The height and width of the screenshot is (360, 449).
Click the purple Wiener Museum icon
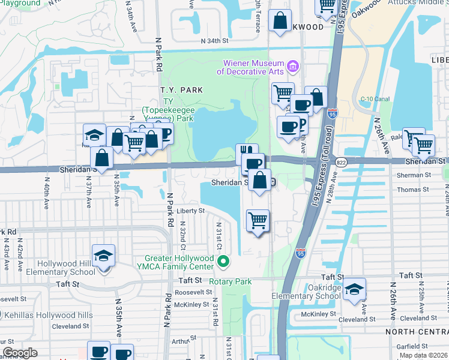[293, 65]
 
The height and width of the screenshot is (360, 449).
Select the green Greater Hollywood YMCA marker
[223, 261]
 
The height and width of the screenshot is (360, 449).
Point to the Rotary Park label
[230, 281]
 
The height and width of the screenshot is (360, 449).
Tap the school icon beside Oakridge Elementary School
[354, 289]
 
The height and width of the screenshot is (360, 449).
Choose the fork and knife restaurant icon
[246, 152]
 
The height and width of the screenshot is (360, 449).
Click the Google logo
[20, 353]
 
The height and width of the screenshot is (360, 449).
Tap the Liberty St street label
[191, 211]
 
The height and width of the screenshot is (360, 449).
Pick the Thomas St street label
[413, 190]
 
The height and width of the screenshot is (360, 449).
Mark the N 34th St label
[215, 41]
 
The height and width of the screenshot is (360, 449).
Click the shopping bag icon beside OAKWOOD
[280, 22]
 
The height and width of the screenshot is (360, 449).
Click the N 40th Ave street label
[46, 196]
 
